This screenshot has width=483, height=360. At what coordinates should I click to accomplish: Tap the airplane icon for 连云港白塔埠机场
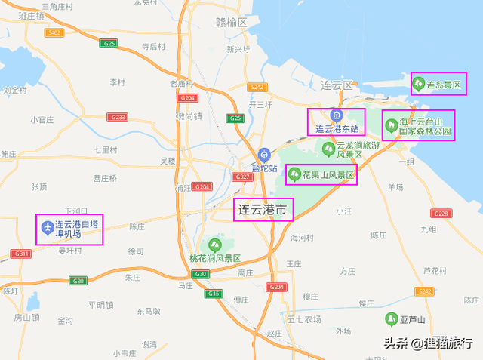[48, 226]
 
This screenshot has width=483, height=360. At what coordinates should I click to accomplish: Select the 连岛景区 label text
[445, 85]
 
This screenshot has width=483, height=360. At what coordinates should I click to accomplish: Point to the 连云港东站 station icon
[337, 116]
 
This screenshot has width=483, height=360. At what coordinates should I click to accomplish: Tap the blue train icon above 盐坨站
[263, 153]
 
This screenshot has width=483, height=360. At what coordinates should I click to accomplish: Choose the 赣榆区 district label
[231, 23]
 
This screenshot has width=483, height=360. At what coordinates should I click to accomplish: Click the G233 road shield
[117, 117]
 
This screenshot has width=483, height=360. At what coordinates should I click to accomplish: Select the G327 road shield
[243, 177]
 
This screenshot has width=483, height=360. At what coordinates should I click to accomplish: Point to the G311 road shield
[21, 254]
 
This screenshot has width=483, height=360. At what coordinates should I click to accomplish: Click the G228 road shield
[441, 214]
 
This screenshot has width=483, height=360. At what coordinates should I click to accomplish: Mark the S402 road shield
[54, 32]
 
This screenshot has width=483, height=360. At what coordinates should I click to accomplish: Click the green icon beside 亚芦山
[391, 318]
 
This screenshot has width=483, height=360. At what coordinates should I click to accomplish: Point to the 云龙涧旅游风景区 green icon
[328, 146]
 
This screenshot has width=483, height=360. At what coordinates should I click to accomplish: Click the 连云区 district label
[337, 86]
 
